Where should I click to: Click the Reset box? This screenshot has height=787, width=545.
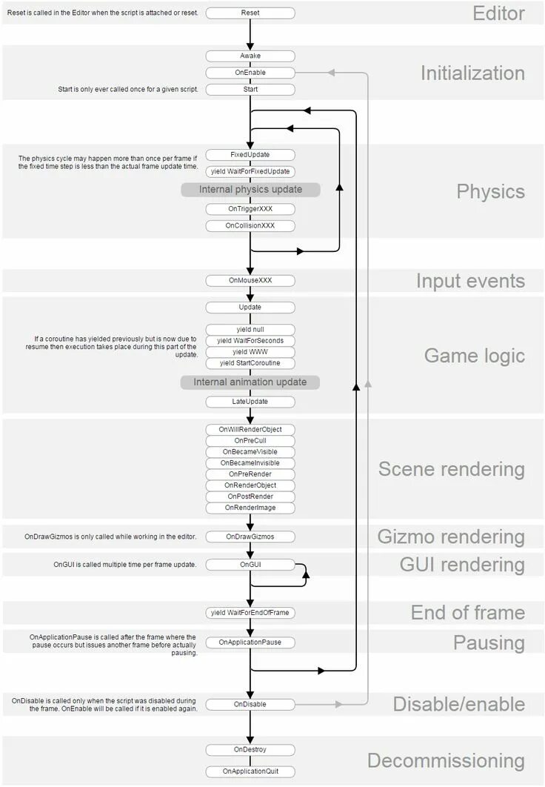[x=250, y=13]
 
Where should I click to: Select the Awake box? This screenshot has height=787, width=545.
[x=250, y=56]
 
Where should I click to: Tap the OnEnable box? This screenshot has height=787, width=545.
[x=250, y=73]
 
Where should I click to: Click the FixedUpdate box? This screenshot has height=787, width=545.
[x=250, y=155]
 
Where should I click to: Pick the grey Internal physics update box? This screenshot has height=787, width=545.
[x=250, y=190]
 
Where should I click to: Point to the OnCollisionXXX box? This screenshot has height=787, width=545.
[x=250, y=225]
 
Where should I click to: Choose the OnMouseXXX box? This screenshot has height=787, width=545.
[x=250, y=281]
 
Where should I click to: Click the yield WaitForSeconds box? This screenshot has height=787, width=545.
[x=250, y=341]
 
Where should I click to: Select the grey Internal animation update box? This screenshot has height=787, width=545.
[x=250, y=382]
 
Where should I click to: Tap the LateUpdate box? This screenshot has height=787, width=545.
[x=250, y=402]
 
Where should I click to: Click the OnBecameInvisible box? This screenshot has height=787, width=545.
[x=250, y=463]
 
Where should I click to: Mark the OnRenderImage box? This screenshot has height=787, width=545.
[x=250, y=508]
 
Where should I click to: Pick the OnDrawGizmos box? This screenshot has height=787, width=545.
[x=250, y=537]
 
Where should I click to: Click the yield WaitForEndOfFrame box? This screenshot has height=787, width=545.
[x=250, y=613]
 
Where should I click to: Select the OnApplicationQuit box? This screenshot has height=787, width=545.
[x=250, y=771]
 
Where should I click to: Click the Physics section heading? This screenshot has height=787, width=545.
[x=490, y=191]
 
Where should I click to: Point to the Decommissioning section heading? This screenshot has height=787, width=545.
[x=446, y=761]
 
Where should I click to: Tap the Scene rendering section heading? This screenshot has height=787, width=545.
[x=451, y=469]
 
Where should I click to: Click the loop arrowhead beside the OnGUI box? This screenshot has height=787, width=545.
[x=306, y=574]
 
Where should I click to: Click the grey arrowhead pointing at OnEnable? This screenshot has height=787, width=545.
[x=332, y=73]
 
